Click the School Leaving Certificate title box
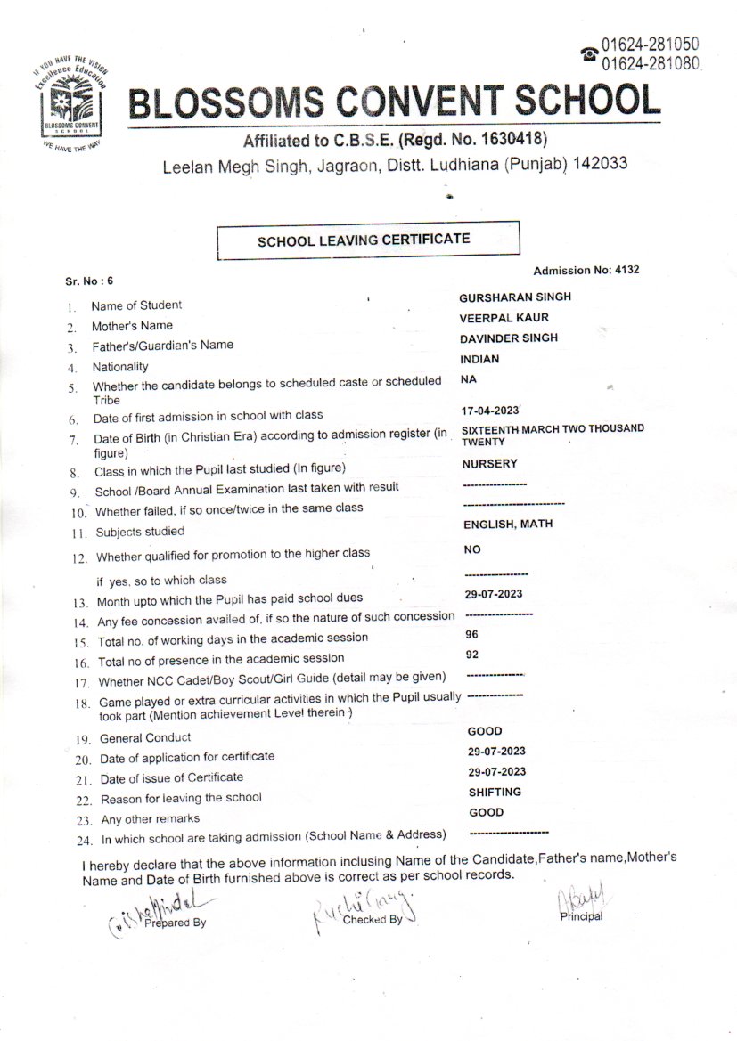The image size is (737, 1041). click(x=368, y=240)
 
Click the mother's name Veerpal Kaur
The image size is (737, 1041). click(x=504, y=318)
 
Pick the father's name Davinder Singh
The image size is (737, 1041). click(x=509, y=338)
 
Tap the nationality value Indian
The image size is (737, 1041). click(x=479, y=360)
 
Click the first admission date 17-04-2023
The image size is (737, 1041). click(x=491, y=412)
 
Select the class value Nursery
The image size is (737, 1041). click(x=489, y=464)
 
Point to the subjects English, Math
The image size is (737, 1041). click(x=507, y=525)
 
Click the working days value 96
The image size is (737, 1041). click(x=472, y=636)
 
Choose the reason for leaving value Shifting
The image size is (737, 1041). click(x=495, y=792)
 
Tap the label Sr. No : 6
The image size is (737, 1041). click(x=89, y=281)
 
